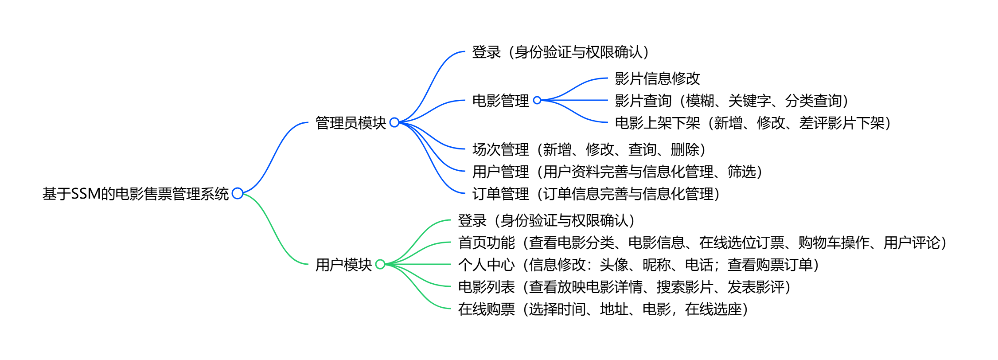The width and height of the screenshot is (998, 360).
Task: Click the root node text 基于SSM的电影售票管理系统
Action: (x=135, y=194)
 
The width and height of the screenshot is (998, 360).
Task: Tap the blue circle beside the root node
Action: (x=238, y=193)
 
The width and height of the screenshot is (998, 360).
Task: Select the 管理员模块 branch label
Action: (x=350, y=123)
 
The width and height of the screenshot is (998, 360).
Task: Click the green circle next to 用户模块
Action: (x=380, y=264)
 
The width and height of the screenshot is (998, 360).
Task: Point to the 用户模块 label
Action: (x=343, y=265)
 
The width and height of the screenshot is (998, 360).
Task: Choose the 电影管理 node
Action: (x=500, y=101)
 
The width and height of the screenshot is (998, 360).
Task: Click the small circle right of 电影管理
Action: (x=537, y=100)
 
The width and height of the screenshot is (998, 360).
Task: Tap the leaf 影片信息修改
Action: (x=657, y=78)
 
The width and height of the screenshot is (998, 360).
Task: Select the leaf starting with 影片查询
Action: (x=732, y=101)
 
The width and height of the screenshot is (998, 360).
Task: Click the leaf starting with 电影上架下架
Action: (x=753, y=123)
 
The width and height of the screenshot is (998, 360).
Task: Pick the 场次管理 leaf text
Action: (x=589, y=149)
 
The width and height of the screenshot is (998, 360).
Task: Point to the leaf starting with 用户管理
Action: (x=617, y=172)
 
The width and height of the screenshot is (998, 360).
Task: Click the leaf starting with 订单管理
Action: (x=596, y=194)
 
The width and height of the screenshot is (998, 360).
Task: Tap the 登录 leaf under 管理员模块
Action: (x=561, y=52)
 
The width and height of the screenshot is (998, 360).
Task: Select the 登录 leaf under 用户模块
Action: (x=546, y=220)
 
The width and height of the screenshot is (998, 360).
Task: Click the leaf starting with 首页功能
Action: (x=702, y=243)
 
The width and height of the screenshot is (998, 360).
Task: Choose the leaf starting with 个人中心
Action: (x=639, y=265)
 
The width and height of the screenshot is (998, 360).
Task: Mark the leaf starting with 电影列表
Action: (x=624, y=287)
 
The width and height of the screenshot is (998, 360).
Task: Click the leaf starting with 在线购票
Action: (x=603, y=309)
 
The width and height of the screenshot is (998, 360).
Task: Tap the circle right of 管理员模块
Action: (x=394, y=122)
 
